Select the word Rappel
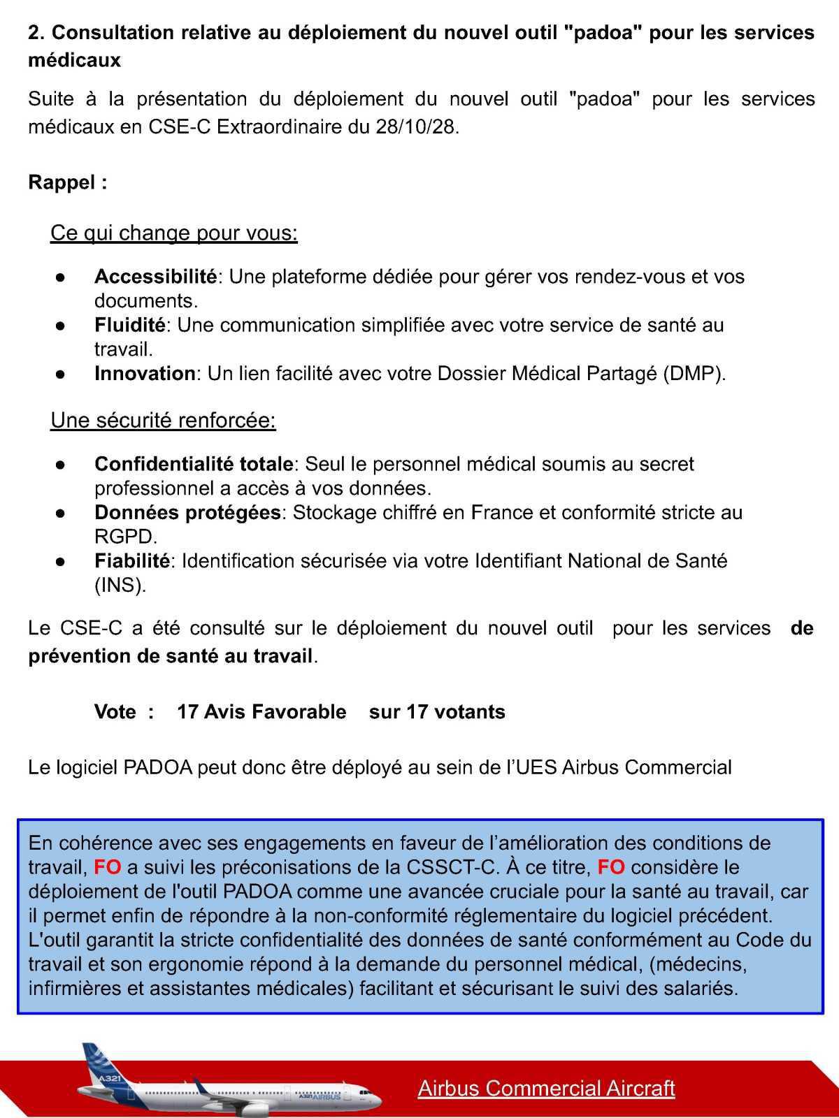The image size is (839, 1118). coord(62,183)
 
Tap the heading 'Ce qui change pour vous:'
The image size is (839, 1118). coord(174,233)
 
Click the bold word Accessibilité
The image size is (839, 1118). coord(155,277)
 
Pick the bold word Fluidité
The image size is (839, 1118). coord(130,325)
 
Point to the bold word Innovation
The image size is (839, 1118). coord(145,373)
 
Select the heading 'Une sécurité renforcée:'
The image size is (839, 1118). coord(163,421)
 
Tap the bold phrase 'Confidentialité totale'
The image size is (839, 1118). coord(194,464)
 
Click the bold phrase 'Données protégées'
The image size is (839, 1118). coord(187,512)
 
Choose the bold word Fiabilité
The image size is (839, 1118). coord(132,560)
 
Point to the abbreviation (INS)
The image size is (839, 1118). coord(120,585)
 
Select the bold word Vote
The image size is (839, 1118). coord(115,711)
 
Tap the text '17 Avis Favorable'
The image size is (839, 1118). coord(261,711)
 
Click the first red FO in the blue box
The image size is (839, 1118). coord(108,867)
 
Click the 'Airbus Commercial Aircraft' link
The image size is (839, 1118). coord(546,1088)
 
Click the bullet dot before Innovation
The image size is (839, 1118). coord(61,374)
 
